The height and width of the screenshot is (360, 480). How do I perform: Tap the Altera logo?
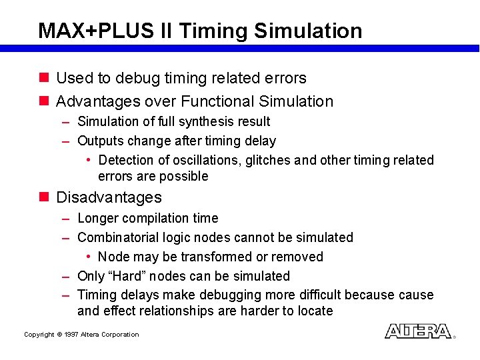coord(418,331)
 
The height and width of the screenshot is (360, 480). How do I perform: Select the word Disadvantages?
coord(109,197)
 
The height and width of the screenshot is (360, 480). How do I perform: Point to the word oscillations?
coord(206,160)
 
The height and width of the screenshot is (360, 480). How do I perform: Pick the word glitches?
coord(268,160)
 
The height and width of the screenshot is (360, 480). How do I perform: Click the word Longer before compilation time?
coord(99,218)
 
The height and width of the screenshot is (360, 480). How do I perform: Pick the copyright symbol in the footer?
coord(59,335)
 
